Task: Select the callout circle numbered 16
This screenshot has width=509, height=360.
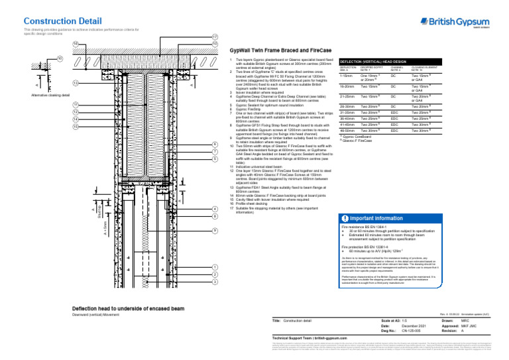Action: (x=76, y=44)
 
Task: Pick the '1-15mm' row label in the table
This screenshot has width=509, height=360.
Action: (x=346, y=77)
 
